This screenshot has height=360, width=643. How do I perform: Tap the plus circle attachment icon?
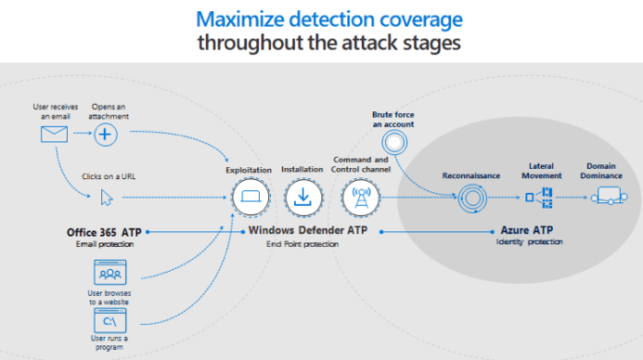click(x=108, y=135)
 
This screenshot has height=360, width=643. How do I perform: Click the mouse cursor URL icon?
click(x=107, y=196)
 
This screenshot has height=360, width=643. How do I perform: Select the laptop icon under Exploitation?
click(x=248, y=196)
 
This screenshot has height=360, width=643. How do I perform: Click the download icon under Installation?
click(x=302, y=196)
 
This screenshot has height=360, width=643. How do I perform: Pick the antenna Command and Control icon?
click(x=359, y=196)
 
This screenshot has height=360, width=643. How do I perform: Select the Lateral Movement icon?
click(x=537, y=196)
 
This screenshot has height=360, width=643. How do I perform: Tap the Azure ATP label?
click(x=526, y=231)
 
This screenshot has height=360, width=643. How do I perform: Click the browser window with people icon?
click(x=110, y=274)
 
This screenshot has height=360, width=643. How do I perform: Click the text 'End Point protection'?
click(x=302, y=243)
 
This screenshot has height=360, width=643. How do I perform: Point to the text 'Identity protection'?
click(x=528, y=242)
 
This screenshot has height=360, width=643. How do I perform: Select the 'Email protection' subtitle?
click(x=102, y=242)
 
